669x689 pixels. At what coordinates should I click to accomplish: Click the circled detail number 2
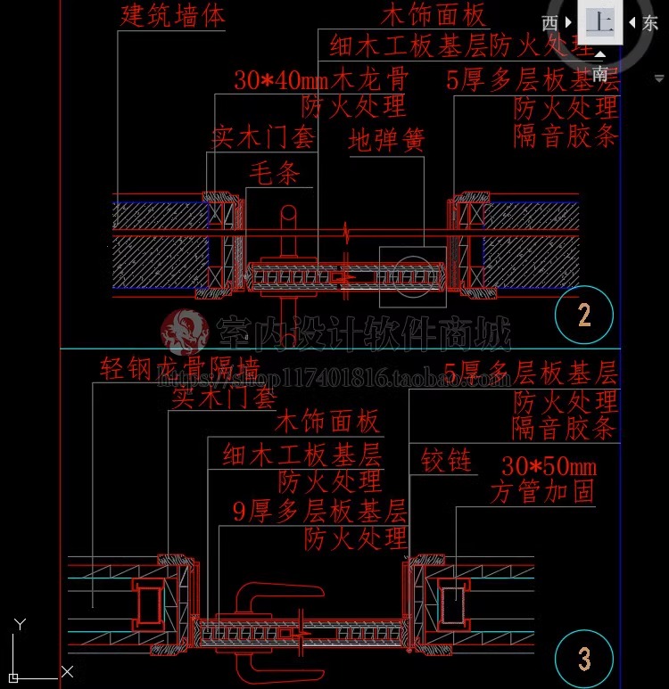pyautogui.click(x=584, y=315)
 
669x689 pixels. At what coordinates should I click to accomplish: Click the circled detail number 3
pyautogui.click(x=584, y=660)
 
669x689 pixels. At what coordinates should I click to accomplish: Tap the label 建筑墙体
pyautogui.click(x=173, y=15)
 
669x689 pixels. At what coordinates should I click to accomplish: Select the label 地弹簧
pyautogui.click(x=386, y=140)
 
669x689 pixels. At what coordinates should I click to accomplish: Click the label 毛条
pyautogui.click(x=274, y=173)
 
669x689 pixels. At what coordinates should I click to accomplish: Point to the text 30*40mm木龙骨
pyautogui.click(x=321, y=78)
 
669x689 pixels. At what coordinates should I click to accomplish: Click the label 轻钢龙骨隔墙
pyautogui.click(x=179, y=368)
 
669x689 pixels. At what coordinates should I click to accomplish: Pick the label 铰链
pyautogui.click(x=446, y=461)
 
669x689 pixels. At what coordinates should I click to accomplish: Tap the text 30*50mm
pyautogui.click(x=549, y=466)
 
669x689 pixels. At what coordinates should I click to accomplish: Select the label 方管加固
pyautogui.click(x=542, y=492)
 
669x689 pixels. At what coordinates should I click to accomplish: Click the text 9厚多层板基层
pyautogui.click(x=319, y=511)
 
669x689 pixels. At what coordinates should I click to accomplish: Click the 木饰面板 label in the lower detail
pyautogui.click(x=327, y=421)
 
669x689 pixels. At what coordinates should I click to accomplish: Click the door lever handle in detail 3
pyautogui.click(x=272, y=595)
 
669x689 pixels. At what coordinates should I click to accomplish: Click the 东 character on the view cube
pyautogui.click(x=650, y=23)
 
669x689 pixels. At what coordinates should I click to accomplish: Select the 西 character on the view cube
pyautogui.click(x=550, y=23)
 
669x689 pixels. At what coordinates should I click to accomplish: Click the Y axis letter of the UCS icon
pyautogui.click(x=21, y=625)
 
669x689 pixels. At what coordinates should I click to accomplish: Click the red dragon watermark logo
pyautogui.click(x=184, y=332)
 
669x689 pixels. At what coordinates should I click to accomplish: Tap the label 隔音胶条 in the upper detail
pyautogui.click(x=566, y=136)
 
